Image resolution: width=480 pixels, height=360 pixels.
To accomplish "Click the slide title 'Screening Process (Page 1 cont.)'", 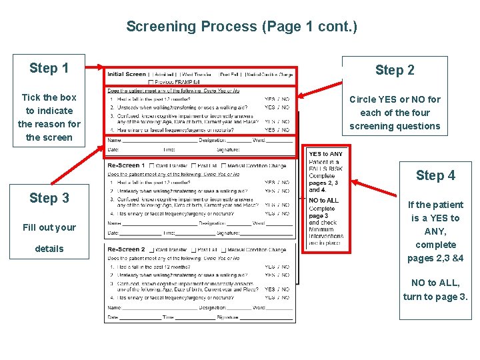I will coord(241,27).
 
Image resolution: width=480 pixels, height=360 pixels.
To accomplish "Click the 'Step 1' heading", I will coord(49,68).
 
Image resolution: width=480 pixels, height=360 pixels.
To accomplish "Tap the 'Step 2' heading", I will coord(395,70).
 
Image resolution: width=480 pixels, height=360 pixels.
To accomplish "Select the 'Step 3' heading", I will coord(49,198).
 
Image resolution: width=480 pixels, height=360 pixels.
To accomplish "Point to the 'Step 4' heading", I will coord(435,175).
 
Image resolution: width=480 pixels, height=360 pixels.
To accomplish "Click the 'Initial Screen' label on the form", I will coord(127,74).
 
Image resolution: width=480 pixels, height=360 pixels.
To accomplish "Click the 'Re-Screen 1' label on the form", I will coord(124,165).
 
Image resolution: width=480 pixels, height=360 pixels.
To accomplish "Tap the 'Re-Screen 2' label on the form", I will coord(126,250).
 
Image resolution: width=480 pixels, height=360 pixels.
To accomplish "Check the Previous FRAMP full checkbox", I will coord(151,82).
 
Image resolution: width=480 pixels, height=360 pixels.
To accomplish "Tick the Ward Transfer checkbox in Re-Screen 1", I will coord(152,165).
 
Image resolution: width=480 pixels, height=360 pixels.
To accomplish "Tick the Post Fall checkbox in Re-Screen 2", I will coord(194,250).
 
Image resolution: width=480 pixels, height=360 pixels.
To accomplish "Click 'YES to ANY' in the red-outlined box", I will coord(325,154).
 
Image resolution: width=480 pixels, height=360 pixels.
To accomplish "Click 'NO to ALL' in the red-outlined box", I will coord(323,200).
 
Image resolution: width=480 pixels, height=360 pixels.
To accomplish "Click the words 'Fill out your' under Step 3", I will coord(49,227).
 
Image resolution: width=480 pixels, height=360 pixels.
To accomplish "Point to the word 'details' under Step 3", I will coord(49,249).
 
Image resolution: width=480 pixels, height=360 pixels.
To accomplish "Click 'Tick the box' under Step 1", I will coord(49,97).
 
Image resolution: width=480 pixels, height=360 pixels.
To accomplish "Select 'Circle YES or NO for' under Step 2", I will coord(395,99).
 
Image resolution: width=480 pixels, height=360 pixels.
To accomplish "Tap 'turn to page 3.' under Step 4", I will coord(435,297).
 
